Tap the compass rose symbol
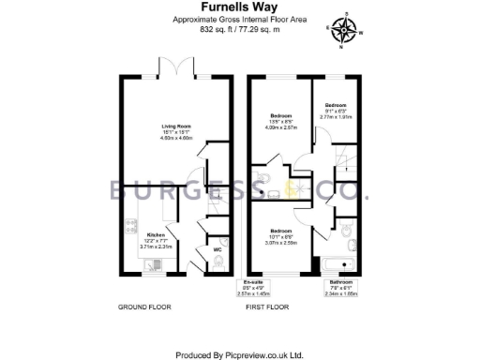tap(345, 31)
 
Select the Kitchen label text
tap(155, 234)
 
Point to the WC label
tap(217, 250)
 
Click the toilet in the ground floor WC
tap(217, 263)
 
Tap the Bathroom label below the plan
tap(339, 283)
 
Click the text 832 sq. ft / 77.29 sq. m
tap(239, 29)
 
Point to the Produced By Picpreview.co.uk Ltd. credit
tap(240, 354)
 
